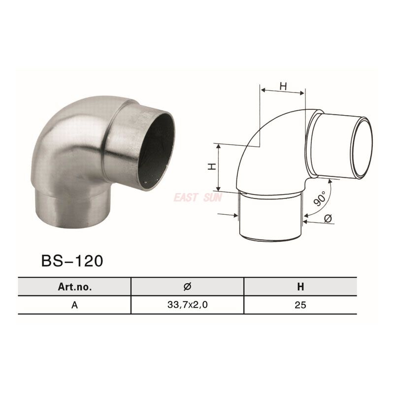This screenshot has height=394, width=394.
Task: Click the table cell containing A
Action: [x=74, y=305]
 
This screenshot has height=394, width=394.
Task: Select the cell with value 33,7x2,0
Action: [x=187, y=305]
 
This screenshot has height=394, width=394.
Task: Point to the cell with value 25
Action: [x=300, y=305]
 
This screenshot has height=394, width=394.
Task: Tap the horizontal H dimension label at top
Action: [x=283, y=86]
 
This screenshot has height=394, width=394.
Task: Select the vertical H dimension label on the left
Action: [x=211, y=167]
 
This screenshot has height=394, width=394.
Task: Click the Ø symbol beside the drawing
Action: [x=328, y=218]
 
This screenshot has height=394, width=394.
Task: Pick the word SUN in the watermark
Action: [x=213, y=197]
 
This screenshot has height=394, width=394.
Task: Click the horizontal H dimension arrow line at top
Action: [x=283, y=92]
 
